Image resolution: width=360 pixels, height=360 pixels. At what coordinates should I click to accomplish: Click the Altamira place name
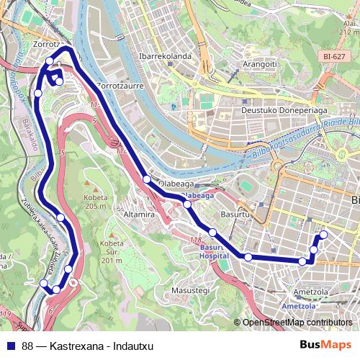pos(120,215)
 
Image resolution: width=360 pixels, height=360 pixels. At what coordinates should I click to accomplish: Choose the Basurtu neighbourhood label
pos(233,215)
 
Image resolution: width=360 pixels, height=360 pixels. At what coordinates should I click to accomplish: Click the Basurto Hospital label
pos(210,251)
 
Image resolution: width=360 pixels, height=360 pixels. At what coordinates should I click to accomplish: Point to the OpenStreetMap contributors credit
pos(297,323)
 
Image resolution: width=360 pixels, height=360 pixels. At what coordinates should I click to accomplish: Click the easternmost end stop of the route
pos(323,234)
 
